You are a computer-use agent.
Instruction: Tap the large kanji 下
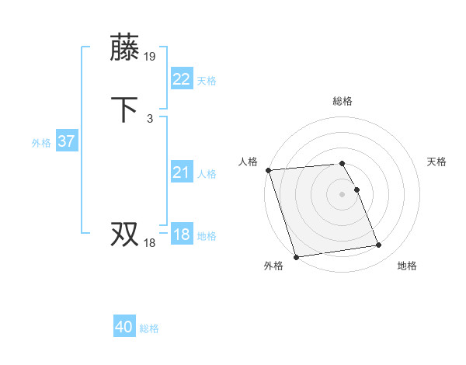(126, 109)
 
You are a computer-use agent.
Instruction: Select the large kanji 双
(126, 234)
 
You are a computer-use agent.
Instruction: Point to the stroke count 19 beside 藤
(151, 56)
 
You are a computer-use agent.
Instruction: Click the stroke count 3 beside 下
(150, 118)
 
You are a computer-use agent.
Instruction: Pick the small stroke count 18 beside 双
(150, 243)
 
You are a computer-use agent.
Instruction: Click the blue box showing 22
(181, 79)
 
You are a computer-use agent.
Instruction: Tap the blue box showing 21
(181, 172)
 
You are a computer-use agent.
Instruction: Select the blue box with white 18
(181, 235)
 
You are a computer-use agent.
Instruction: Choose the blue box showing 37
(66, 141)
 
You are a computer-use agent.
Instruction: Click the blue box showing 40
(123, 327)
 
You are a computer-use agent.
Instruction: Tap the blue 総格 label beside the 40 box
(149, 328)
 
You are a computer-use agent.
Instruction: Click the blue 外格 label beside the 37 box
(41, 143)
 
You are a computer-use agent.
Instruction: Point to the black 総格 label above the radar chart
(343, 101)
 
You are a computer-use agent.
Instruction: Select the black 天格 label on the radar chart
(436, 162)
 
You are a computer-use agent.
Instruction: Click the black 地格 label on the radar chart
(407, 266)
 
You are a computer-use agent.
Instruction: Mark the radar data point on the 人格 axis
(269, 170)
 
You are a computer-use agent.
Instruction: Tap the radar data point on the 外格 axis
(296, 256)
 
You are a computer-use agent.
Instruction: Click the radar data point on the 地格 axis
(379, 245)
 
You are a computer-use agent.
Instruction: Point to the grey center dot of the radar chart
(343, 193)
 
